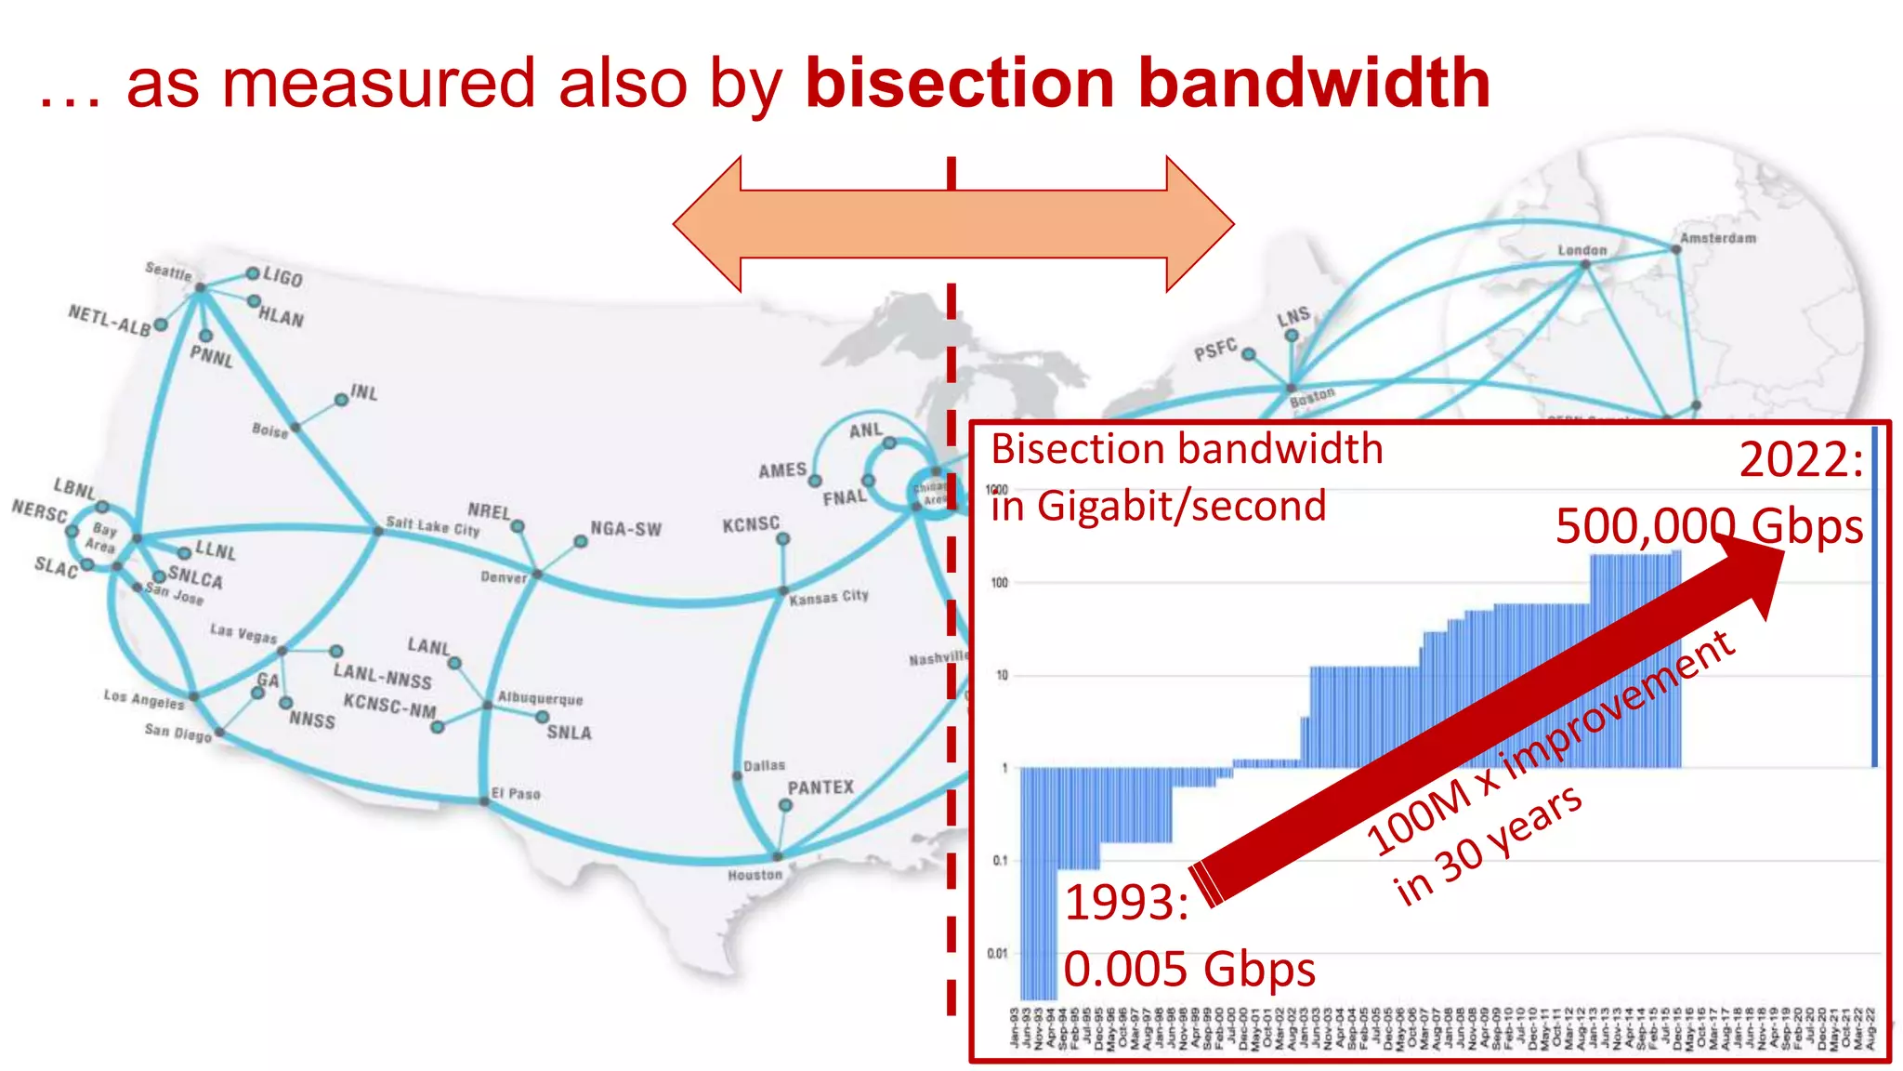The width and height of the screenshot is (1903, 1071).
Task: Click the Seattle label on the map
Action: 168,271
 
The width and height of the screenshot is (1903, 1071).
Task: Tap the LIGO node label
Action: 282,277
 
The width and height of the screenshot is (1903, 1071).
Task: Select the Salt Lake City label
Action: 433,526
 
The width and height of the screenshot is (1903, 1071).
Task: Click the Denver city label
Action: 504,577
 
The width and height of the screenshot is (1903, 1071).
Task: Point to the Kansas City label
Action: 829,597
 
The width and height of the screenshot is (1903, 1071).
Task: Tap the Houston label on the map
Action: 755,875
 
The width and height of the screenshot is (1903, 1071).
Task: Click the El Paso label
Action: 516,793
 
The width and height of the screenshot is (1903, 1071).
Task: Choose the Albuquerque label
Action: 541,698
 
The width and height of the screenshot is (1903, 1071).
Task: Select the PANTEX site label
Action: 820,787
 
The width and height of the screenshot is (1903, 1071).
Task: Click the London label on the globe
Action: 1581,250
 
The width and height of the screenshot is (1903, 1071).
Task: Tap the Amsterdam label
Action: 1718,238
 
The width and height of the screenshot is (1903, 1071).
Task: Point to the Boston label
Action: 1312,397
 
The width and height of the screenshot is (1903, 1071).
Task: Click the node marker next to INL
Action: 341,400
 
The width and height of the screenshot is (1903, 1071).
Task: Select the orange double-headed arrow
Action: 953,224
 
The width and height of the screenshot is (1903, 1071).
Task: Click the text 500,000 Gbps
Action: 1709,526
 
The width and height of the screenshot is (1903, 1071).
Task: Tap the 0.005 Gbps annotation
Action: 1189,969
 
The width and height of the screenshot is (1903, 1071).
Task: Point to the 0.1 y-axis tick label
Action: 999,860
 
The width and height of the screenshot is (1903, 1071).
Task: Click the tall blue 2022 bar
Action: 1874,595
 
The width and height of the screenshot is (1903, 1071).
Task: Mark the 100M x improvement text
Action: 1550,743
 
